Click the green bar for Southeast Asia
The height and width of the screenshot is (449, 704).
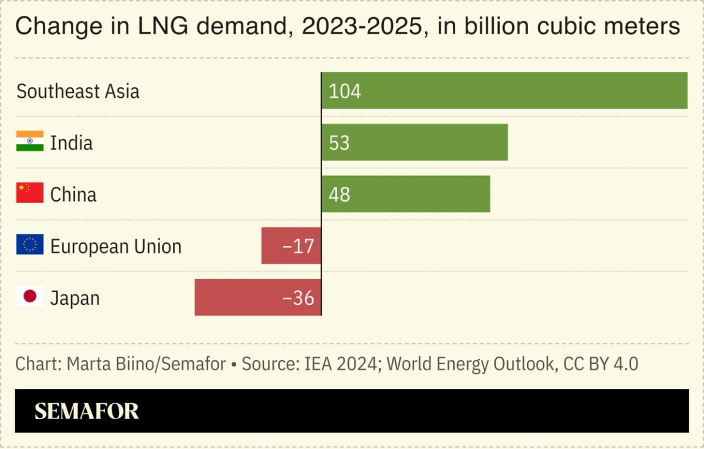pos(504,90)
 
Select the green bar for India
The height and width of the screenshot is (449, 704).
pos(414,142)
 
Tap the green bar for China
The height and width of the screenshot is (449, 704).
pos(406,194)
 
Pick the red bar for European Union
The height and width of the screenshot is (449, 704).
pos(291,246)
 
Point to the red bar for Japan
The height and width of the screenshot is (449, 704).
pos(258,298)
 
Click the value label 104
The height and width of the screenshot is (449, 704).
pos(345,91)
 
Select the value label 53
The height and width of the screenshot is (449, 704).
pos(339,143)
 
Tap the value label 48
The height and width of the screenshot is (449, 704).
pos(339,195)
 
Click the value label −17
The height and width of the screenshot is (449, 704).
pos(298,246)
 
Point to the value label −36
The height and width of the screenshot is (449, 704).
pos(298,298)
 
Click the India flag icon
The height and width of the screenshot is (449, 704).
pos(30,141)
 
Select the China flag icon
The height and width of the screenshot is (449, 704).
pos(30,192)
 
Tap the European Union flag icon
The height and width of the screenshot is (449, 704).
pos(30,244)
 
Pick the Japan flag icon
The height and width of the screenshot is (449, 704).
pos(30,296)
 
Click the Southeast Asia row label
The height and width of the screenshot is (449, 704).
pos(78,91)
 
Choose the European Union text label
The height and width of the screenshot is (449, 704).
pos(116,246)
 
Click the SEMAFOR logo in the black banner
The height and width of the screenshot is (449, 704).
pos(87,411)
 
